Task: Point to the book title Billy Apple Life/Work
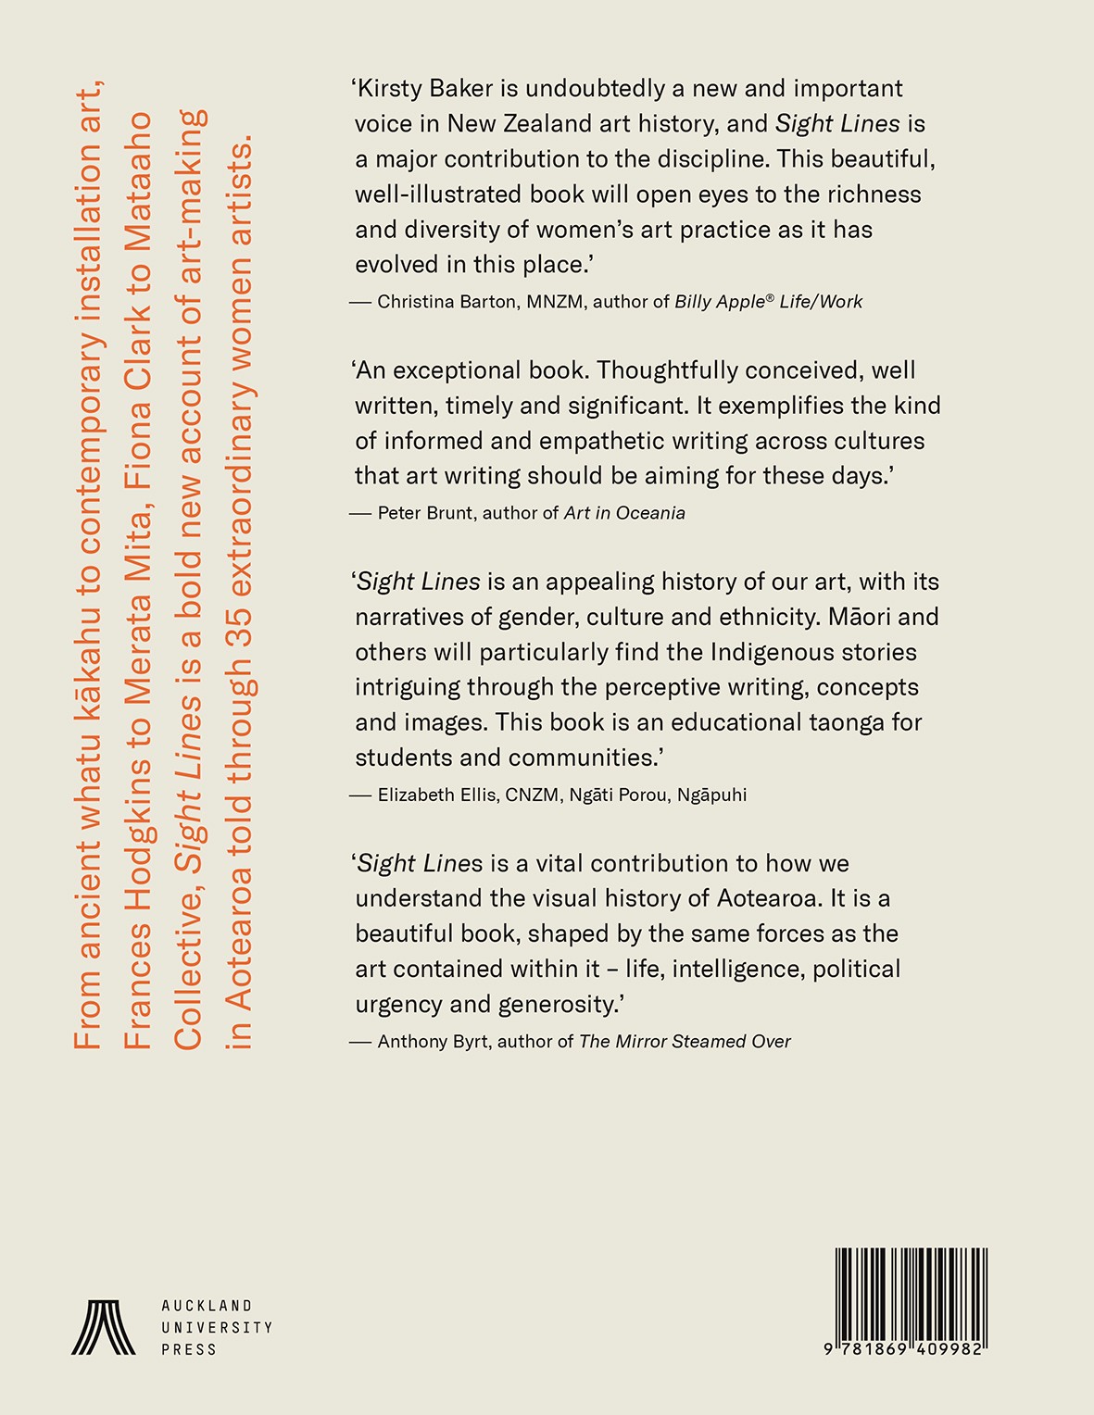(x=769, y=302)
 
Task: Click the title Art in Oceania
(x=625, y=513)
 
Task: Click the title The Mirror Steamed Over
(x=685, y=1042)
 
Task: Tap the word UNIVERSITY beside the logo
(x=217, y=1328)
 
